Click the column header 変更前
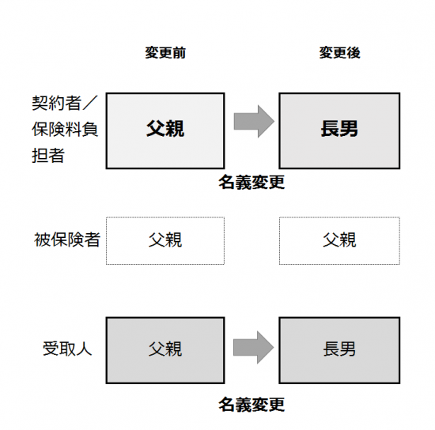pyautogui.click(x=165, y=53)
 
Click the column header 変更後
pyautogui.click(x=339, y=53)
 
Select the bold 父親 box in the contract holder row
pyautogui.click(x=165, y=130)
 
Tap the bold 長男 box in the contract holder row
pyautogui.click(x=339, y=130)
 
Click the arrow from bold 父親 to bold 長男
pyautogui.click(x=254, y=122)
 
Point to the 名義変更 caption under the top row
pyautogui.click(x=252, y=182)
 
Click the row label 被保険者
pyautogui.click(x=67, y=240)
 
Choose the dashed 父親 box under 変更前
pyautogui.click(x=165, y=240)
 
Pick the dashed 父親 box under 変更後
pyautogui.click(x=339, y=240)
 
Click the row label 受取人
pyautogui.click(x=67, y=349)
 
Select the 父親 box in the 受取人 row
pyautogui.click(x=165, y=350)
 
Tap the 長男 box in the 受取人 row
pyautogui.click(x=339, y=350)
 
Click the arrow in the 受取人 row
pyautogui.click(x=253, y=347)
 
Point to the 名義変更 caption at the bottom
pyautogui.click(x=252, y=405)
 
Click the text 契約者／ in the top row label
pyautogui.click(x=65, y=103)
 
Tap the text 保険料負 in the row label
pyautogui.click(x=65, y=129)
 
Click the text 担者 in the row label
pyautogui.click(x=48, y=155)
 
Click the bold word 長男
pyautogui.click(x=339, y=129)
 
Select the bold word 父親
pyautogui.click(x=165, y=129)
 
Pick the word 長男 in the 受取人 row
pyautogui.click(x=339, y=349)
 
